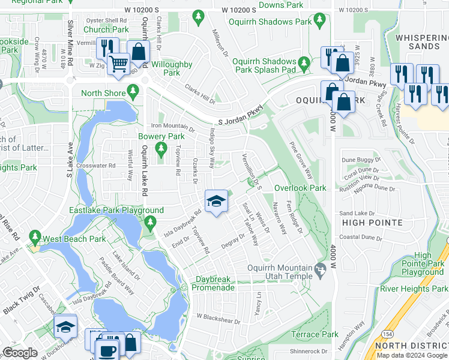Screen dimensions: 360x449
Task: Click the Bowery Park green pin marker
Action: click(x=160, y=148)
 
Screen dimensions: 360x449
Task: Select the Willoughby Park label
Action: click(x=172, y=68)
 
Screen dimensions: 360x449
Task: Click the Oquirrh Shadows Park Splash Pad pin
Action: click(x=304, y=62)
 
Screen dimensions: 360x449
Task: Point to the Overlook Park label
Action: click(x=300, y=188)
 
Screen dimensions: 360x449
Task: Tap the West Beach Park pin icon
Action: click(x=35, y=239)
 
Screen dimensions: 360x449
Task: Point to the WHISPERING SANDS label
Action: click(x=422, y=42)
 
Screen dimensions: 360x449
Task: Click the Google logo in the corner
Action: click(x=20, y=353)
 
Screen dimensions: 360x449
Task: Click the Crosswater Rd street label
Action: click(x=95, y=166)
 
